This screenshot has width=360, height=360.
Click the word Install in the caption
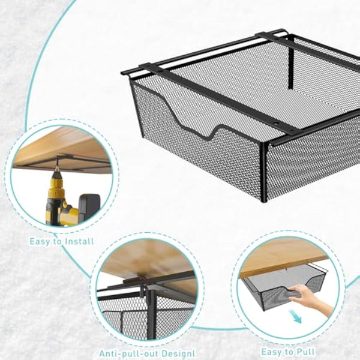click(78, 242)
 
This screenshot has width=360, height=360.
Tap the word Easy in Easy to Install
click(40, 242)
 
